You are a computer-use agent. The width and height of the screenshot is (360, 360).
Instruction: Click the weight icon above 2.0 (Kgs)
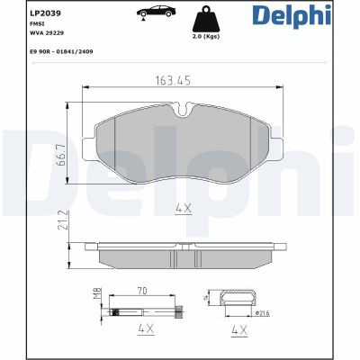point(205,19)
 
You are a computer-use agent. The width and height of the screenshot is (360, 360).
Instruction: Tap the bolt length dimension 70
point(142,292)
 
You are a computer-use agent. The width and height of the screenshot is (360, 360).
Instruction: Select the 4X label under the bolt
point(143,331)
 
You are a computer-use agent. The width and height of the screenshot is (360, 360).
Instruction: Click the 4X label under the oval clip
point(239,331)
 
